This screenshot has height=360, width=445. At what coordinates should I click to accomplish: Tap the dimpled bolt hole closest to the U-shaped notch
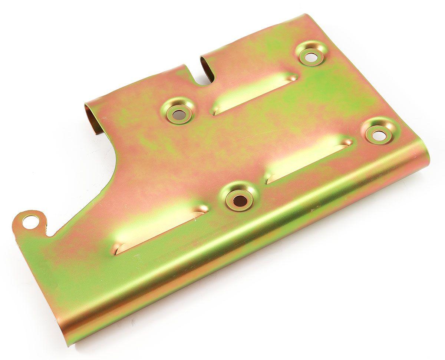point(178,113)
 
